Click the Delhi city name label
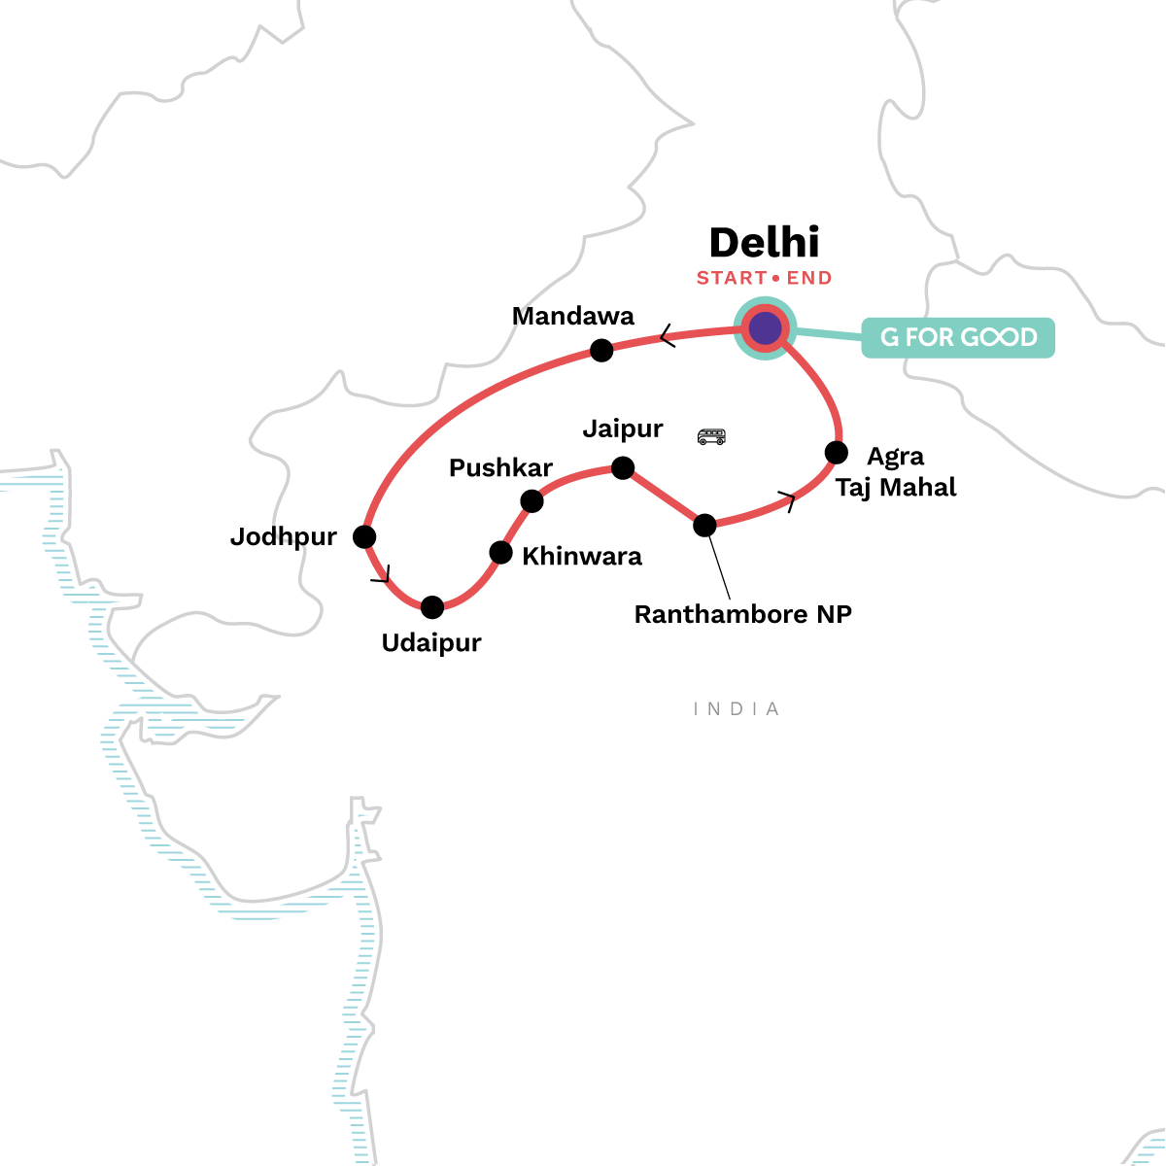764,243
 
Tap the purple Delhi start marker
765,328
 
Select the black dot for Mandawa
602,350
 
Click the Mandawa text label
572,316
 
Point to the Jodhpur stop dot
364,536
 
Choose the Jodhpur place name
283,536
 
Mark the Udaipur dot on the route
432,607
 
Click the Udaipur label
431,643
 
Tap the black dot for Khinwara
500,553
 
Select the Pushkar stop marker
532,501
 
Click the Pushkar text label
500,468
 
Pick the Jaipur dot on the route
623,469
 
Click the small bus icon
711,436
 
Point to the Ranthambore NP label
742,614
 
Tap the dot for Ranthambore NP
704,526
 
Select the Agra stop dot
836,453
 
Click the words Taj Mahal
896,487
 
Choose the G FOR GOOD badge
958,337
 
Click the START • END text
764,278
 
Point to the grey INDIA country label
737,709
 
